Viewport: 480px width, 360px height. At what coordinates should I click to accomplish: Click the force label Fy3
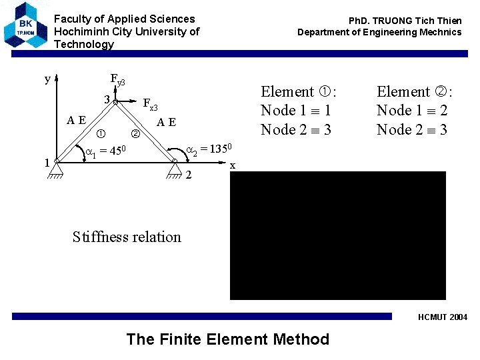pyautogui.click(x=117, y=81)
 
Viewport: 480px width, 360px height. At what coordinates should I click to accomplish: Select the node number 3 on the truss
pyautogui.click(x=106, y=100)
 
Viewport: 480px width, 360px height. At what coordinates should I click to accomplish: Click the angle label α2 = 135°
pyautogui.click(x=207, y=149)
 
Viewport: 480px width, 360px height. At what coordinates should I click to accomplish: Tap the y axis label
pyautogui.click(x=47, y=79)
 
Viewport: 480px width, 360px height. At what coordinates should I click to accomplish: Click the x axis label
pyautogui.click(x=232, y=165)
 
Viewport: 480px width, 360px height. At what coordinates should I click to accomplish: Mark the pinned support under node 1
pyautogui.click(x=56, y=172)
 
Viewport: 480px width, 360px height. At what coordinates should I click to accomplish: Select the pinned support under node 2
pyautogui.click(x=174, y=172)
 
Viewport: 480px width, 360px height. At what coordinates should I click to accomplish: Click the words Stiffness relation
pyautogui.click(x=127, y=237)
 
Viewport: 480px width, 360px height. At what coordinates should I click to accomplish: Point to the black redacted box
pyautogui.click(x=338, y=235)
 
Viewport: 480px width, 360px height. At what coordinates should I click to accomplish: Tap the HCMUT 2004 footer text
pyautogui.click(x=443, y=317)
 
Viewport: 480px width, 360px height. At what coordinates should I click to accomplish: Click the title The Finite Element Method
pyautogui.click(x=227, y=339)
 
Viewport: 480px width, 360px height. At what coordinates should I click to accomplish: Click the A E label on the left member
pyautogui.click(x=76, y=121)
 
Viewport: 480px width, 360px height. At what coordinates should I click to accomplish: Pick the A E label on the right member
pyautogui.click(x=166, y=122)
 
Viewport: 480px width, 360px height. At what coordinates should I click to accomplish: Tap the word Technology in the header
pyautogui.click(x=84, y=44)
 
